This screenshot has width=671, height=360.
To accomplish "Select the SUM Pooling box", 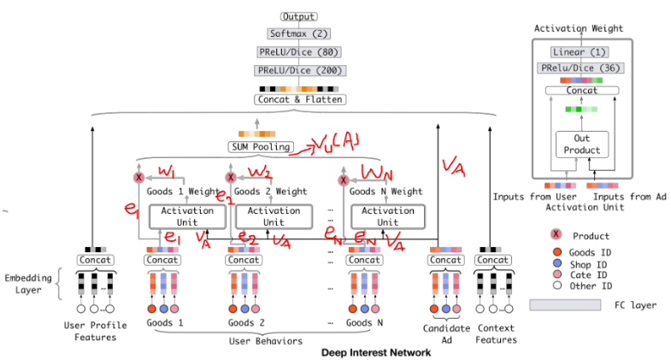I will pyautogui.click(x=261, y=147).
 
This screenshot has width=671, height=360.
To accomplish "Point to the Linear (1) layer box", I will pyautogui.click(x=580, y=52).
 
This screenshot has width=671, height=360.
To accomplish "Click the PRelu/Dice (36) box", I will pyautogui.click(x=580, y=68).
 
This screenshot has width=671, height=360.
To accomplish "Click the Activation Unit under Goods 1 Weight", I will pyautogui.click(x=183, y=216).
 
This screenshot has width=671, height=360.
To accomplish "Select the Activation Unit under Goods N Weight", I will pyautogui.click(x=387, y=216).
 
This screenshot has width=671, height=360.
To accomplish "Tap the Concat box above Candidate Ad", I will pyautogui.click(x=445, y=260).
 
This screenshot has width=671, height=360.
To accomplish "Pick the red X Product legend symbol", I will pyautogui.click(x=556, y=233).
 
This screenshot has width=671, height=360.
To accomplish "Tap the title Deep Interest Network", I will pyautogui.click(x=376, y=352).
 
